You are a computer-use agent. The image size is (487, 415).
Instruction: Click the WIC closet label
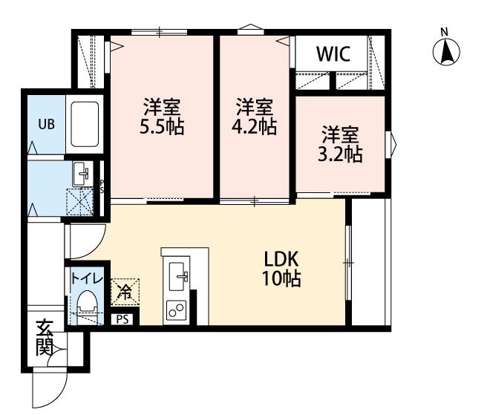[x=333, y=54]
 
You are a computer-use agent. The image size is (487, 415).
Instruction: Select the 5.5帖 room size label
[x=162, y=127]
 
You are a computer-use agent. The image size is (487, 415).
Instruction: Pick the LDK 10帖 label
[x=281, y=269]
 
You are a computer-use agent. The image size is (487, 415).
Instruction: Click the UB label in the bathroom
[x=46, y=124]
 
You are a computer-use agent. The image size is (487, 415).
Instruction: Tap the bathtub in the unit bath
[x=85, y=124]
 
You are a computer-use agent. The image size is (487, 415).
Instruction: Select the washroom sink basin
[x=82, y=174]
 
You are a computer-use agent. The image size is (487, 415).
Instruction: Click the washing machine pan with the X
[x=80, y=202]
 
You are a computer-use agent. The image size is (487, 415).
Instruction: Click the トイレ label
[x=87, y=278]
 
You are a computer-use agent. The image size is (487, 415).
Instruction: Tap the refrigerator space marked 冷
[x=125, y=293]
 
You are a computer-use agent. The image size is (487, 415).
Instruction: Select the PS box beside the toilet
[x=122, y=319]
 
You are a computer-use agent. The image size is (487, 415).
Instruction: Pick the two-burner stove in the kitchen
[x=176, y=310]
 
